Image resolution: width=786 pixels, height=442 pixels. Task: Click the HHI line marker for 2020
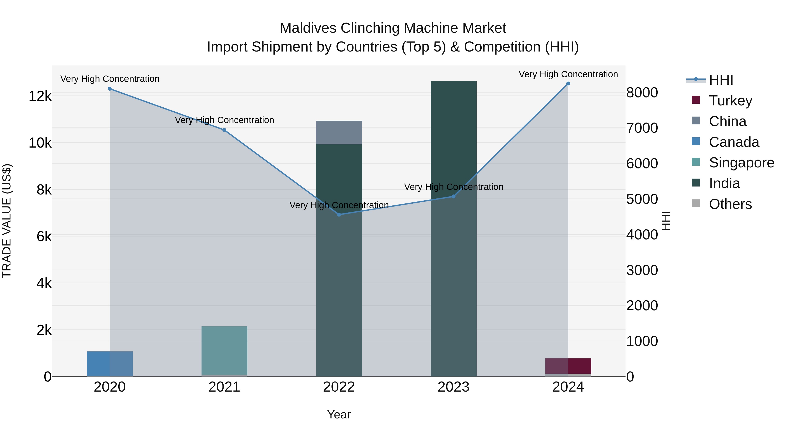110,89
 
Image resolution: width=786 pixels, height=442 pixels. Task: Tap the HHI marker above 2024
568,84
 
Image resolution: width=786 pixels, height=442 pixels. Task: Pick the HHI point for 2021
224,130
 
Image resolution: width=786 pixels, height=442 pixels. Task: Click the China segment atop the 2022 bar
339,133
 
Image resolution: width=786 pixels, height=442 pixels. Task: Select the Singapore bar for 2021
224,351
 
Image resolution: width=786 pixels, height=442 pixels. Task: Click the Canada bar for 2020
110,364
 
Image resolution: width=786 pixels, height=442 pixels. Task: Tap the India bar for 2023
453,229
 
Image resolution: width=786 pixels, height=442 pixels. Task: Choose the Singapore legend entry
741,163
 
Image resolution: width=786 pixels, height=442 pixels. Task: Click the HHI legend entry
721,80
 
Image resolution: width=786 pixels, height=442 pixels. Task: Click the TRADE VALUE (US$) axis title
7,221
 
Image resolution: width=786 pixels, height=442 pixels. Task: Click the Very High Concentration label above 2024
568,74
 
